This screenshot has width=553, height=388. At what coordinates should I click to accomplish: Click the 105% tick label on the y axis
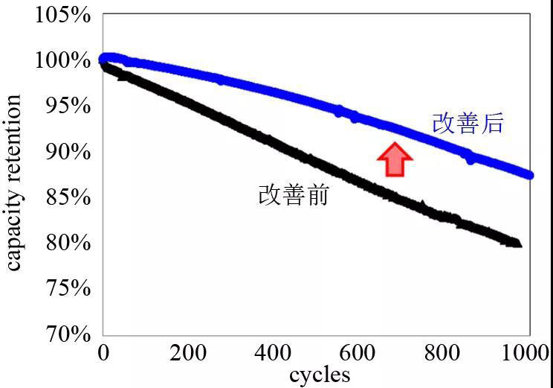click(x=62, y=15)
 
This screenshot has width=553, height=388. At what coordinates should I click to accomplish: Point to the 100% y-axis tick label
click(x=62, y=60)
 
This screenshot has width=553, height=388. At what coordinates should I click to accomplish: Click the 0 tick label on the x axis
click(x=104, y=352)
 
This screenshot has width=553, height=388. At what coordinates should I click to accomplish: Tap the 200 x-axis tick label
click(x=189, y=352)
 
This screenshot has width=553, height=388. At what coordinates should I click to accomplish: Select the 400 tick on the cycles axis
click(x=274, y=352)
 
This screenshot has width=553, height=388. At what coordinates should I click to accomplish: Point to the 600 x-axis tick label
click(x=360, y=352)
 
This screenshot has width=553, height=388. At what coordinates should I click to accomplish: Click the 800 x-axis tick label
click(x=445, y=352)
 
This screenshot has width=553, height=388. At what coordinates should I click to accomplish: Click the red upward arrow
click(x=394, y=159)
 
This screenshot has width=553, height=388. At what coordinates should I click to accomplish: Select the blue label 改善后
click(x=468, y=124)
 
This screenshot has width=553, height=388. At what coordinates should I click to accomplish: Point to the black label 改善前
click(x=294, y=195)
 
